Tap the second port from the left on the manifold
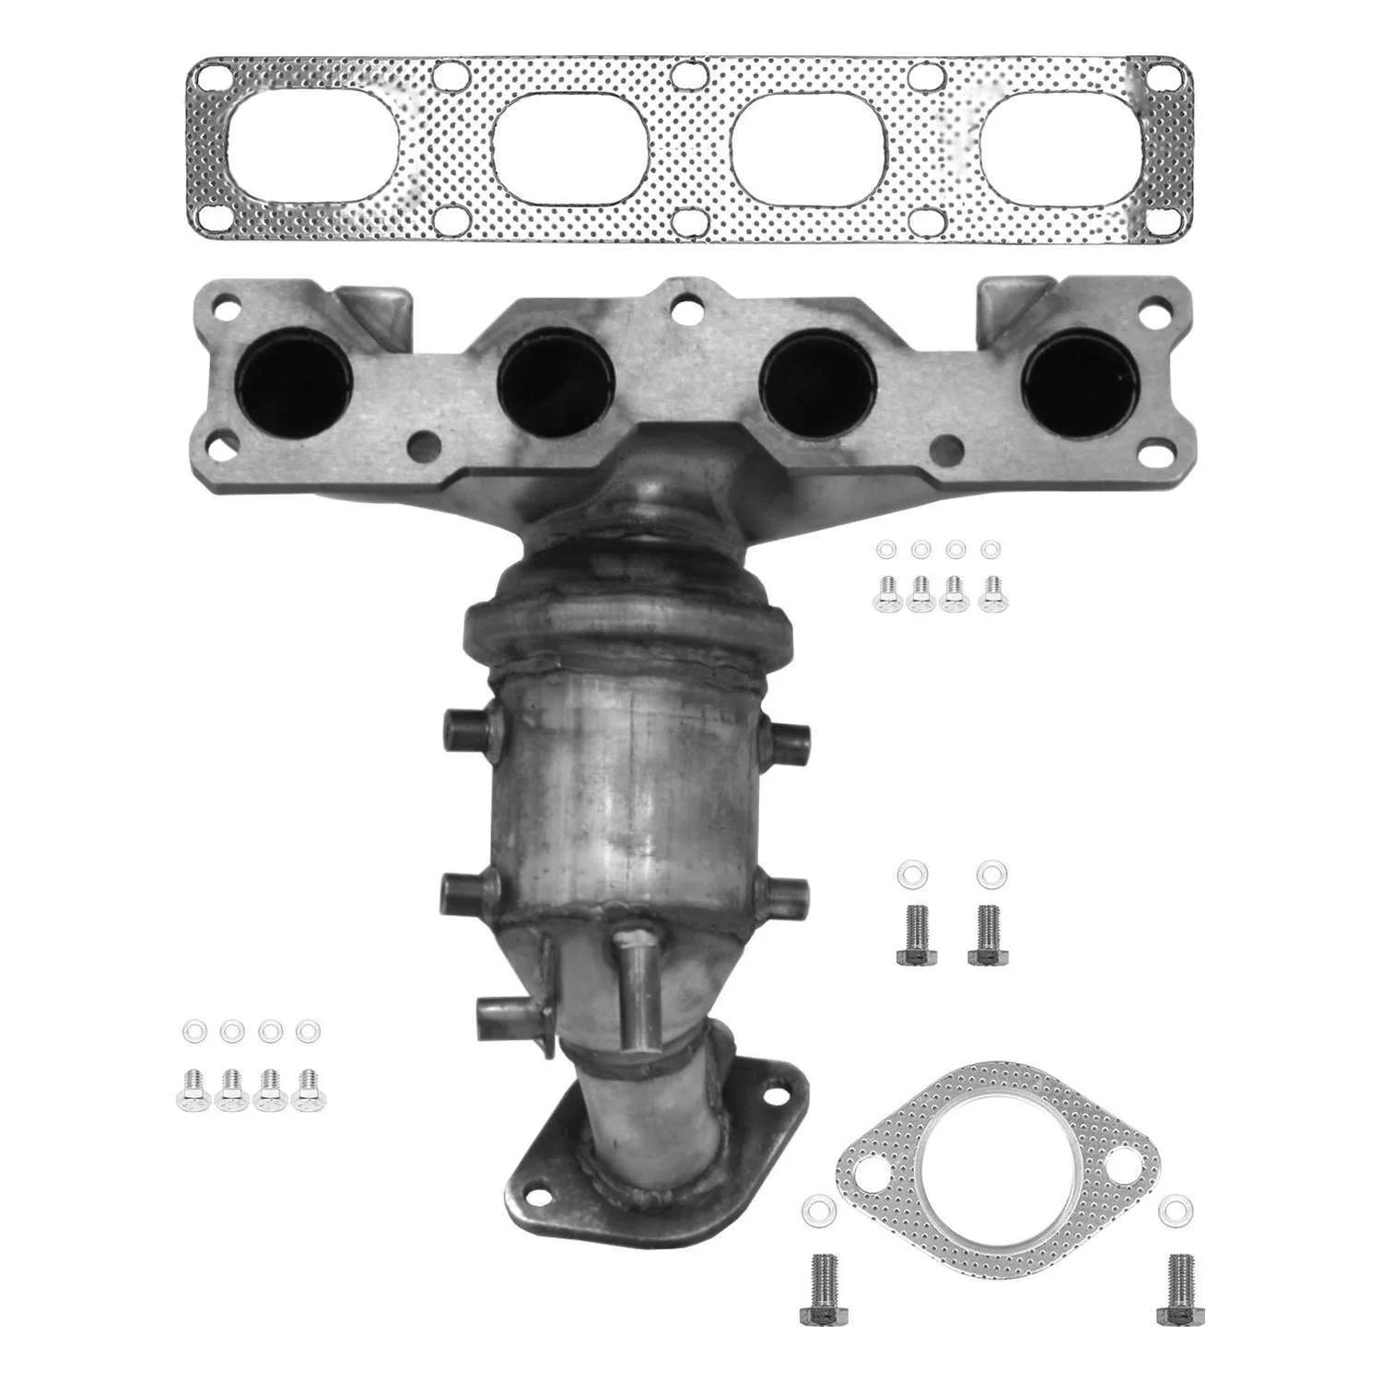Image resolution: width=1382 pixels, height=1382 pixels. (555, 381)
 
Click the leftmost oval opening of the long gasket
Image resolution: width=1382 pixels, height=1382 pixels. (311, 146)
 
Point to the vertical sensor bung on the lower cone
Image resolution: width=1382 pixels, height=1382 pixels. (633, 990)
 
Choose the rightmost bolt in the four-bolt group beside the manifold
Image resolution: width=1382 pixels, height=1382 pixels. (993, 593)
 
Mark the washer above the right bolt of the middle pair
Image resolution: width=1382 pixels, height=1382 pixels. (990, 872)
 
